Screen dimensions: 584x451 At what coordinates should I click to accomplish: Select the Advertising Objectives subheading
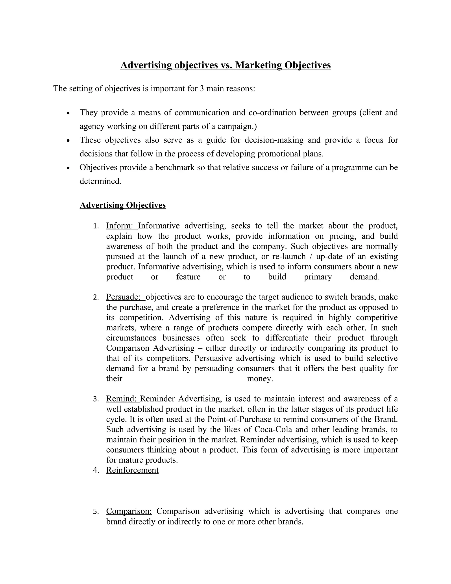[123, 205]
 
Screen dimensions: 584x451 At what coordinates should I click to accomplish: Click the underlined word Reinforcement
[132, 470]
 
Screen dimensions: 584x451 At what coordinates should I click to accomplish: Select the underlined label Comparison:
[129, 511]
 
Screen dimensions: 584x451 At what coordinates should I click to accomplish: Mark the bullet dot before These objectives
[68, 140]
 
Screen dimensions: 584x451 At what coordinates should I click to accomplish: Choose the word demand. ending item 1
[365, 277]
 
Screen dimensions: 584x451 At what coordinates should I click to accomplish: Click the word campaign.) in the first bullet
[237, 126]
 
